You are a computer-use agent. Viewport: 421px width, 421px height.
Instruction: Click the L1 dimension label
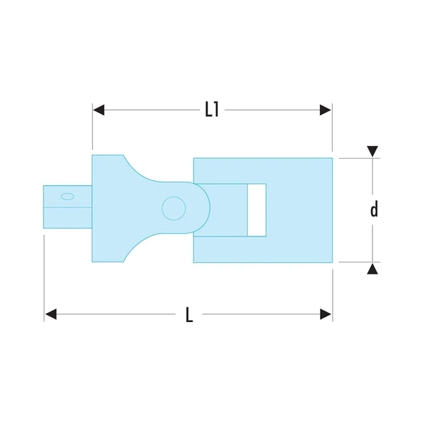(x=212, y=109)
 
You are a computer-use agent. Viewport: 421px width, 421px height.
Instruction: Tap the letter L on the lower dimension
(x=189, y=315)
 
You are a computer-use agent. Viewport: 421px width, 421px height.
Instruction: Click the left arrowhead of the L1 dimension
(x=98, y=110)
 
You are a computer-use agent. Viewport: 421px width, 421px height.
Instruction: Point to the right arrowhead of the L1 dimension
(x=326, y=110)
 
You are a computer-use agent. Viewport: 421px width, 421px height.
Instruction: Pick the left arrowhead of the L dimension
(x=50, y=314)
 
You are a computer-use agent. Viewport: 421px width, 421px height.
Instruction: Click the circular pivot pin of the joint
(x=173, y=208)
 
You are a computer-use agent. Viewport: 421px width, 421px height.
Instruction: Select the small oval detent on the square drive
(x=67, y=196)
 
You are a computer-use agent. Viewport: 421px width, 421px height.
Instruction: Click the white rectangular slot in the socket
(x=257, y=210)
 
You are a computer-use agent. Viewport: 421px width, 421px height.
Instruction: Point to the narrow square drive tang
(x=67, y=207)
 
